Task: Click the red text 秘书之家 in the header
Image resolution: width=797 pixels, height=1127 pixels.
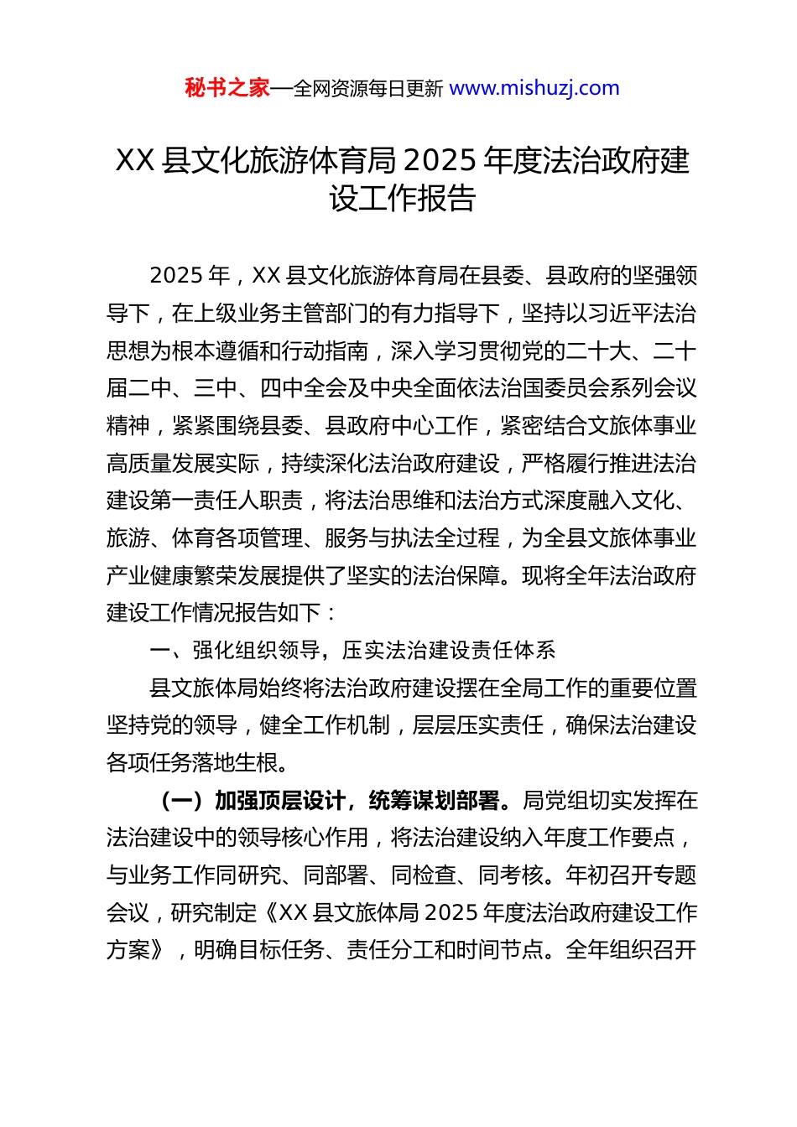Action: pyautogui.click(x=227, y=88)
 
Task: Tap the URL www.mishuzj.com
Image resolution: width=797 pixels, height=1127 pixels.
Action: pyautogui.click(x=534, y=88)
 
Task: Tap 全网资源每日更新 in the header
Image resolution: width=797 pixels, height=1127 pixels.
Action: pyautogui.click(x=367, y=88)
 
